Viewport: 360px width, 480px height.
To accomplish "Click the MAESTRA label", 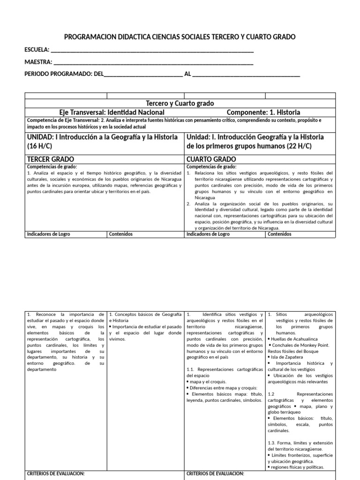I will coord(38,62).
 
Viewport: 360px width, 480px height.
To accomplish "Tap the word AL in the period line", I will coord(187,75).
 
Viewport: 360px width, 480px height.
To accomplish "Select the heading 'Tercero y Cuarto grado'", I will coord(180,104).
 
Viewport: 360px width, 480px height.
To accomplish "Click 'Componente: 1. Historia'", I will coord(263,112).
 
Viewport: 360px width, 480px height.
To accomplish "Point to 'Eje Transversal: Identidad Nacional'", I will coord(112,112).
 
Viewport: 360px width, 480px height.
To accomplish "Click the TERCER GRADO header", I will coord(51,159).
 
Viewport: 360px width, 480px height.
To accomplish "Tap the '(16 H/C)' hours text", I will coord(41,146).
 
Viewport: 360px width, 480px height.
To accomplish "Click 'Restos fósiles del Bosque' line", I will coord(300,351).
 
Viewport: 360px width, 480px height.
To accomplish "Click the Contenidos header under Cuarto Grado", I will coord(279,234).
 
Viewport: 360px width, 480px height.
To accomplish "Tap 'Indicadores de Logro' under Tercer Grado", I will coord(49,234).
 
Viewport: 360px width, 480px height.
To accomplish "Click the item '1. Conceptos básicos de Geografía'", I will coord(145,314).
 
